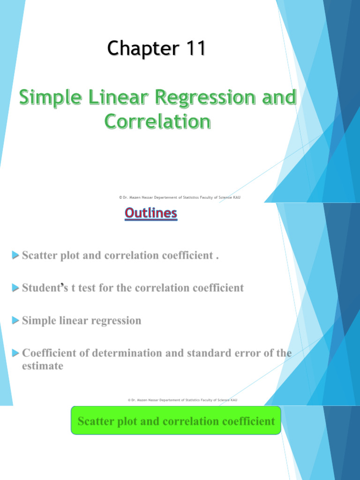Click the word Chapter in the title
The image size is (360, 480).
143,49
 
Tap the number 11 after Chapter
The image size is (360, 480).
196,48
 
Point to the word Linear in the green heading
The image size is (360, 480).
118,97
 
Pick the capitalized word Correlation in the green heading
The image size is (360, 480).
157,121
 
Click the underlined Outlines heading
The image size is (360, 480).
151,213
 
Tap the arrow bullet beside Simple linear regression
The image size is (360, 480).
15,320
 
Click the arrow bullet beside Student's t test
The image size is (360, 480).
15,288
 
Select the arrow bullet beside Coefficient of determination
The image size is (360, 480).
15,353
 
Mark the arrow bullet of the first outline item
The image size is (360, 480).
15,255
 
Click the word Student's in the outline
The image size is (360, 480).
45,287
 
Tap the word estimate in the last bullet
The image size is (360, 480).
43,366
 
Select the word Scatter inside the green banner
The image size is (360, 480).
96,421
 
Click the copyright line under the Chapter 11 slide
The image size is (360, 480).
180,197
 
